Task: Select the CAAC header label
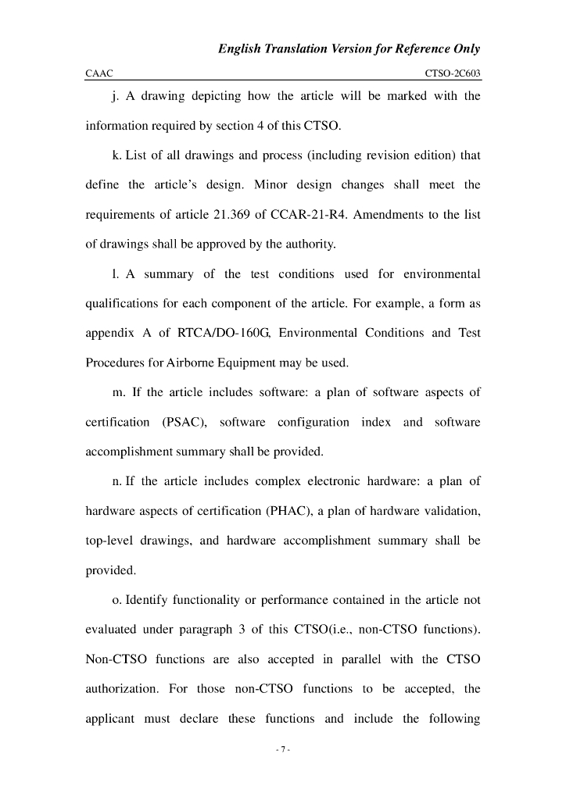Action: (99, 73)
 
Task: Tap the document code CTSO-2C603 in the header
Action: (453, 73)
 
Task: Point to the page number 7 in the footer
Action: (283, 750)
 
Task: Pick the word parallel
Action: (360, 659)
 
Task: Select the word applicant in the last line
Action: (109, 719)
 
